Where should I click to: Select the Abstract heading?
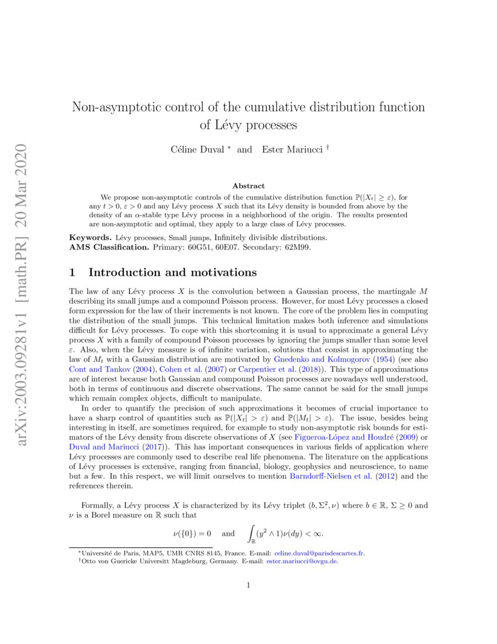[248, 186]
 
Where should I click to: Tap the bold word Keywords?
[89, 238]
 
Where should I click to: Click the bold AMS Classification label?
[108, 247]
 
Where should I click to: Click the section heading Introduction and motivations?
[172, 272]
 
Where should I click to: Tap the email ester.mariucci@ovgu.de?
[302, 561]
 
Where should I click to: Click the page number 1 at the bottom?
[248, 584]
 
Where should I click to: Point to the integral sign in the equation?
[251, 533]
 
